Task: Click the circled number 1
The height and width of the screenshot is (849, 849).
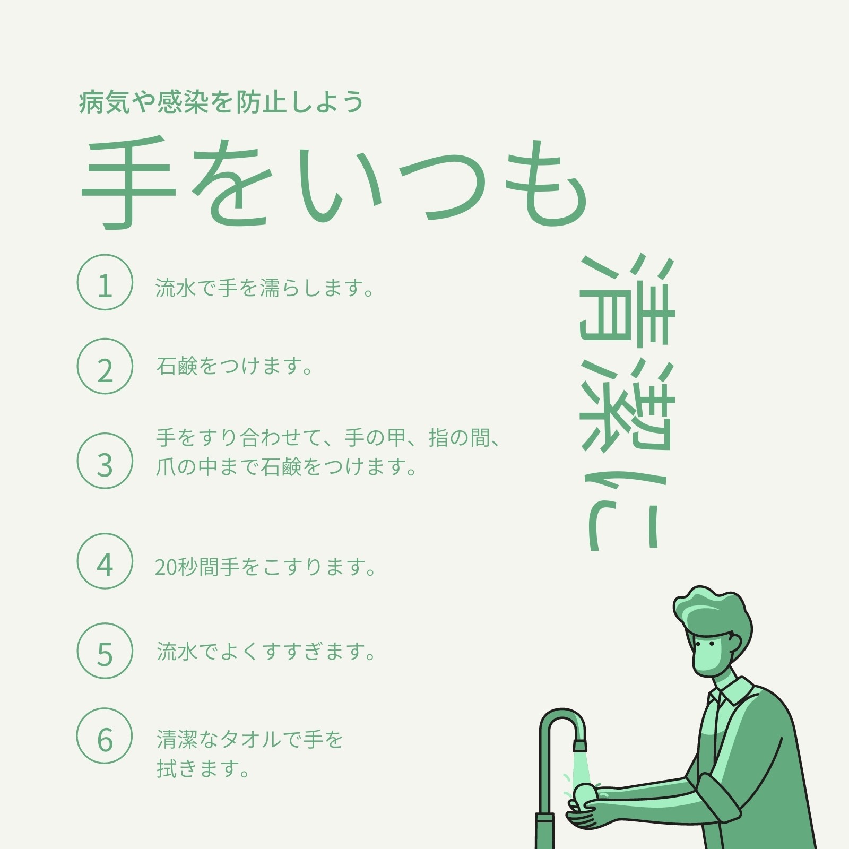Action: (x=105, y=282)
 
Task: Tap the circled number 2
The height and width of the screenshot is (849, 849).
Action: (x=105, y=366)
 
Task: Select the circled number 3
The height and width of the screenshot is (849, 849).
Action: (x=105, y=461)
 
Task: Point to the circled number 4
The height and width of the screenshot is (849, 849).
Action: (x=105, y=561)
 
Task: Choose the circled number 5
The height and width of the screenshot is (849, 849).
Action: (x=105, y=651)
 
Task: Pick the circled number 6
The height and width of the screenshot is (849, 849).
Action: (x=105, y=735)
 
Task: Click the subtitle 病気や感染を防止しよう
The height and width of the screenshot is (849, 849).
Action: (x=221, y=102)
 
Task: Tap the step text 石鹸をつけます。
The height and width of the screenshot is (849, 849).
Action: (x=235, y=366)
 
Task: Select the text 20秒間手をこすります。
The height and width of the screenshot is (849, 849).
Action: (x=265, y=567)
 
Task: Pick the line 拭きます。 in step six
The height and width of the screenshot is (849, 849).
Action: (x=203, y=768)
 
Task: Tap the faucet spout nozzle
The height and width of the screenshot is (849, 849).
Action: (x=580, y=746)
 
